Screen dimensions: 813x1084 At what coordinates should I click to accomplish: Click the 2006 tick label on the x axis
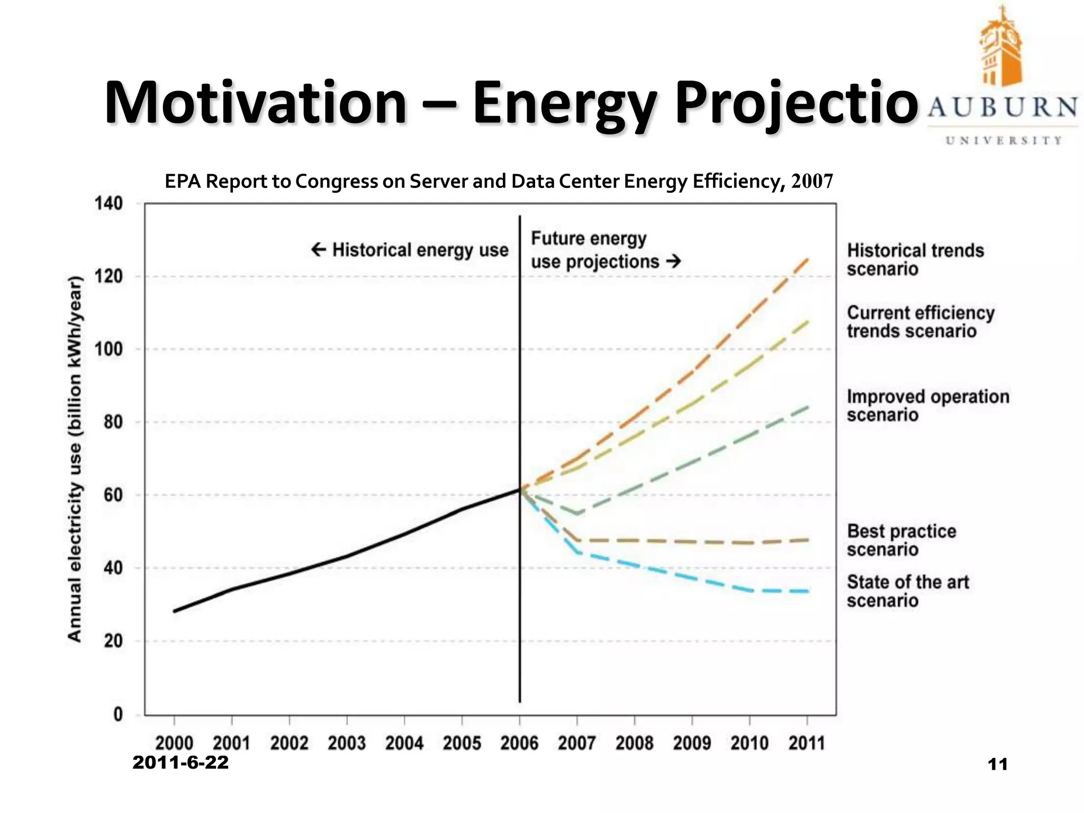tap(519, 743)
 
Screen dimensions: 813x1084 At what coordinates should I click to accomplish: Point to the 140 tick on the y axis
tap(109, 203)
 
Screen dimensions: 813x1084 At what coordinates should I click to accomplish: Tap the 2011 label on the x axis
tap(807, 743)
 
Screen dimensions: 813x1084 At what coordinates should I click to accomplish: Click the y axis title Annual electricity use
tap(75, 459)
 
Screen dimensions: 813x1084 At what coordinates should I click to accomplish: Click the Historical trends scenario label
tap(915, 259)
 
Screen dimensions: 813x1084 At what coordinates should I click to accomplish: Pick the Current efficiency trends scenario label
tap(920, 322)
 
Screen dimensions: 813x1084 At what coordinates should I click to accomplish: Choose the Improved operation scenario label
tap(927, 405)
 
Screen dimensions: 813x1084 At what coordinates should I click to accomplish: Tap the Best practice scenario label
tap(901, 540)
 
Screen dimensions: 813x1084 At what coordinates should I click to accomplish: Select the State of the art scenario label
tap(907, 591)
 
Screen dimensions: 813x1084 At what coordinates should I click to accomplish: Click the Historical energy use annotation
tap(410, 250)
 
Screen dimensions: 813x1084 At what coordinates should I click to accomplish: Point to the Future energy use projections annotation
tap(603, 250)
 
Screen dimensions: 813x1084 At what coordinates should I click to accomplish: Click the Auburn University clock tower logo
tap(1000, 48)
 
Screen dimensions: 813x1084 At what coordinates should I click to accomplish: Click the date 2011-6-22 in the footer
tap(180, 763)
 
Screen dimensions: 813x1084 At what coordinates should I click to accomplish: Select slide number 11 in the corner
tap(997, 764)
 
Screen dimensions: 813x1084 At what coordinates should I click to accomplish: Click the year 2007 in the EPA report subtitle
tap(812, 182)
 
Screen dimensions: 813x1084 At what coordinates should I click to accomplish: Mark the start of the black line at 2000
tap(175, 611)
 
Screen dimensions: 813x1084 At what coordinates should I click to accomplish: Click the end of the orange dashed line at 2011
tap(807, 259)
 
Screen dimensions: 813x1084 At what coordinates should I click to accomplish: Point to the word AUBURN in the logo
tap(1002, 107)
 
